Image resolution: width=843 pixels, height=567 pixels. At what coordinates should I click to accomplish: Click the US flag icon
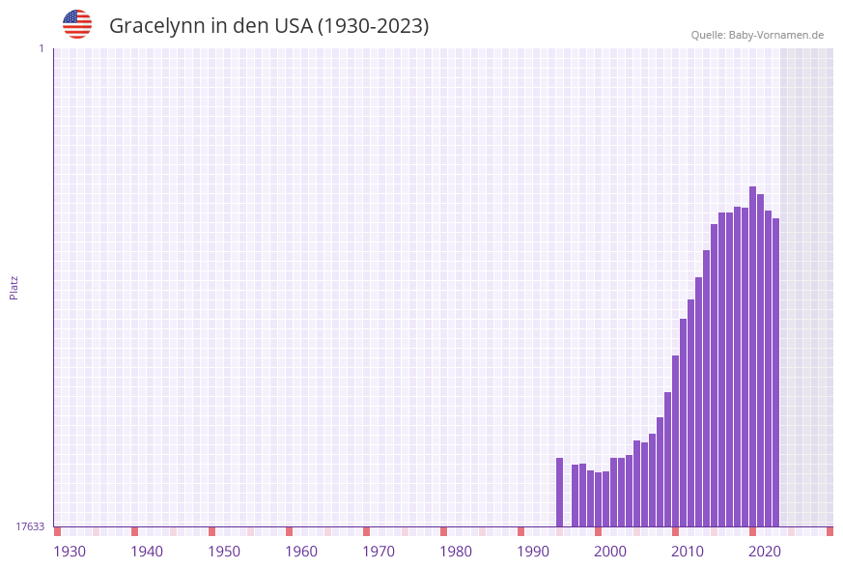tap(77, 24)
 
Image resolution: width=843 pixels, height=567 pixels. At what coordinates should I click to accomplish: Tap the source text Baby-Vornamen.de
tap(775, 35)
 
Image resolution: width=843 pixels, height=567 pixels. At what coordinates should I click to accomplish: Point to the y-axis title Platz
tap(14, 287)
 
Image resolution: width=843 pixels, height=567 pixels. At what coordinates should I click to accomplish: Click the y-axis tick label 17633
tap(30, 526)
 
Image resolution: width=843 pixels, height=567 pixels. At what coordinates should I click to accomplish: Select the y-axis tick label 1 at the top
tap(41, 48)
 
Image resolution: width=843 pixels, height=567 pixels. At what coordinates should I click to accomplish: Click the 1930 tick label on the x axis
tap(70, 551)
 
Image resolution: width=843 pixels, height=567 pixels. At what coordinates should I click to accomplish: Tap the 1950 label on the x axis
tap(224, 551)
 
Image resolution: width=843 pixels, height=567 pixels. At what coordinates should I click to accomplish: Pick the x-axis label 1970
tap(379, 551)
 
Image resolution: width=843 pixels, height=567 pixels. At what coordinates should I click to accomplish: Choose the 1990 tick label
tap(533, 551)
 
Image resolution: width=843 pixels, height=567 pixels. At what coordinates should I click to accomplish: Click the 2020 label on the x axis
tap(765, 551)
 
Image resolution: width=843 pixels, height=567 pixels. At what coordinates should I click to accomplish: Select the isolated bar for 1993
tap(559, 492)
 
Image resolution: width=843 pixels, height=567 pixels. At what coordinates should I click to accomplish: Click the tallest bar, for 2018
tap(752, 356)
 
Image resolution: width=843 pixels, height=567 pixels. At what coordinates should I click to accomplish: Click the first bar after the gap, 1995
tap(575, 496)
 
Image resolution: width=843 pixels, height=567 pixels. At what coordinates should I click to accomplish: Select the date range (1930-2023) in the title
tap(374, 26)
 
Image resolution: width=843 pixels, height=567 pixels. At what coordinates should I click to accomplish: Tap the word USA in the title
tap(293, 26)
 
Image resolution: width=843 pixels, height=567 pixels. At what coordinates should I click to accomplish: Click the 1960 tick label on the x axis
tap(301, 551)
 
